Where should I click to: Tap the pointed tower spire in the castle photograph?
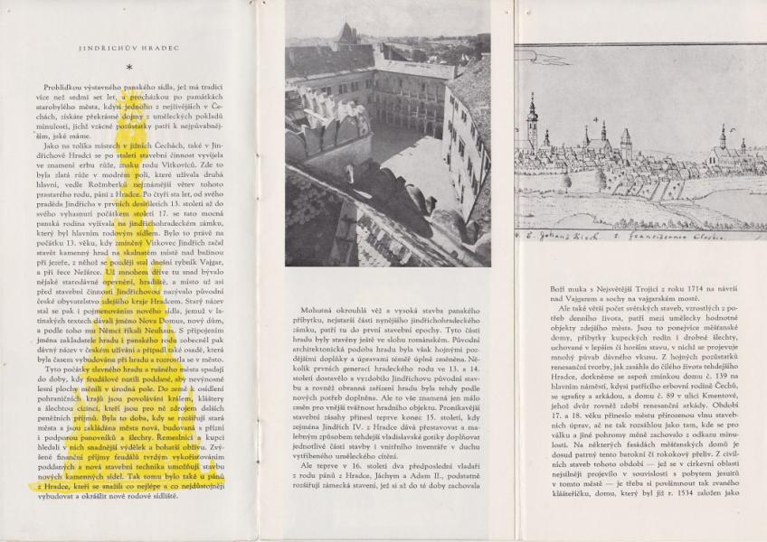click(345, 34)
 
